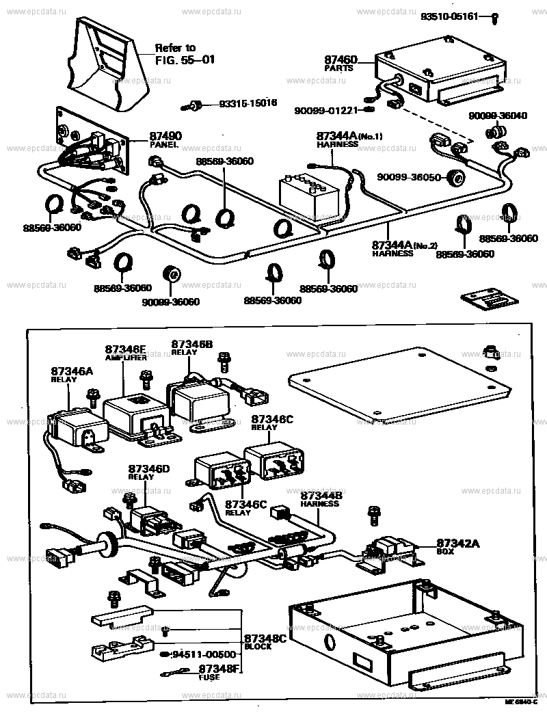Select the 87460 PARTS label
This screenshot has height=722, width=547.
tap(341, 65)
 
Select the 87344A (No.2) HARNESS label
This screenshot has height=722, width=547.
tap(403, 248)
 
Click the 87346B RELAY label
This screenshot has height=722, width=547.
tap(191, 347)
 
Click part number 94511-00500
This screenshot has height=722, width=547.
tap(203, 654)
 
